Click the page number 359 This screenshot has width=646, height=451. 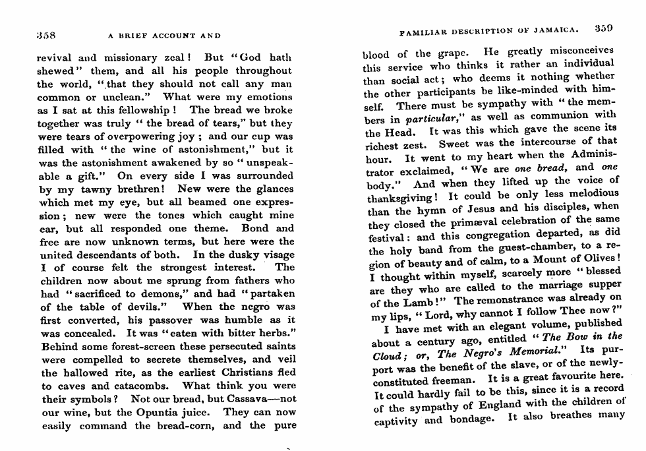click(x=603, y=29)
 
